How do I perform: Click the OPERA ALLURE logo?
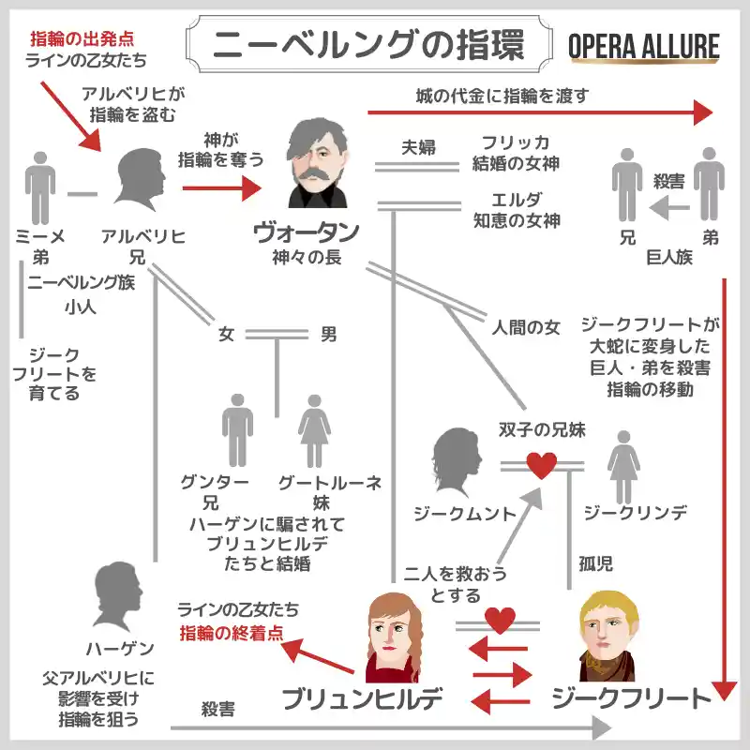644,47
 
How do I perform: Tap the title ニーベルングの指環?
368,44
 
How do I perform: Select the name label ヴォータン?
307,232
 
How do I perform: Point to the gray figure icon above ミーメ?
40,188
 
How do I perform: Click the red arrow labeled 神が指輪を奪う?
222,188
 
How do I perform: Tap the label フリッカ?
516,142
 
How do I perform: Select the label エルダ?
517,200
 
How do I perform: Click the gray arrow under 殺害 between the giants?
669,208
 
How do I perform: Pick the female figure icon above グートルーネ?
314,431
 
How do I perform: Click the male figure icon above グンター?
238,430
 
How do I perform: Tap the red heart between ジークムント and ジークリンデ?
542,465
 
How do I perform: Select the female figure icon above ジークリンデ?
623,467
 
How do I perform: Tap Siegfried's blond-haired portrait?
608,637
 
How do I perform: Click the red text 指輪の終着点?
232,634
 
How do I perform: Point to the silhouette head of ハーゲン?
119,596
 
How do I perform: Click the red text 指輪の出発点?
82,38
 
